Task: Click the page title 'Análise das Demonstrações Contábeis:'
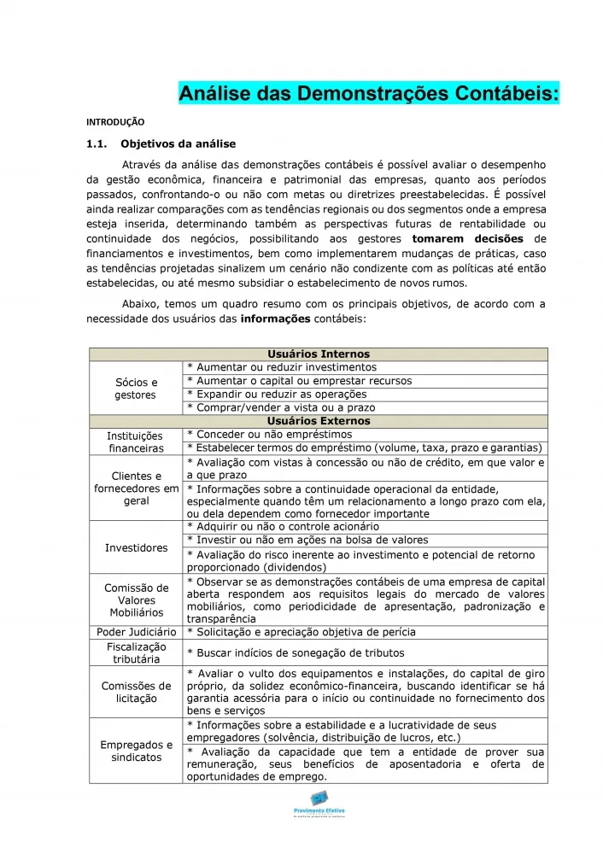click(369, 92)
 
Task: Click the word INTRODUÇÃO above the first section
click(115, 122)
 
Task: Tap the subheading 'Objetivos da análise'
click(179, 143)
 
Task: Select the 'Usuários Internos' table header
click(319, 354)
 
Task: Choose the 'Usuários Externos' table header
click(319, 421)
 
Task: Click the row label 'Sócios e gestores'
click(136, 389)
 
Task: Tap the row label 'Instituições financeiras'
click(136, 442)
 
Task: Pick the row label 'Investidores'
click(136, 547)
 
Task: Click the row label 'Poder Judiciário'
click(136, 632)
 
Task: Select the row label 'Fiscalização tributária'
click(136, 653)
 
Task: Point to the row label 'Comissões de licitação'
click(136, 692)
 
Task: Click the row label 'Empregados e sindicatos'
click(136, 751)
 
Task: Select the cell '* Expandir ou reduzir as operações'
click(277, 395)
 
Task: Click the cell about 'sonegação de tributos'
click(295, 653)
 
